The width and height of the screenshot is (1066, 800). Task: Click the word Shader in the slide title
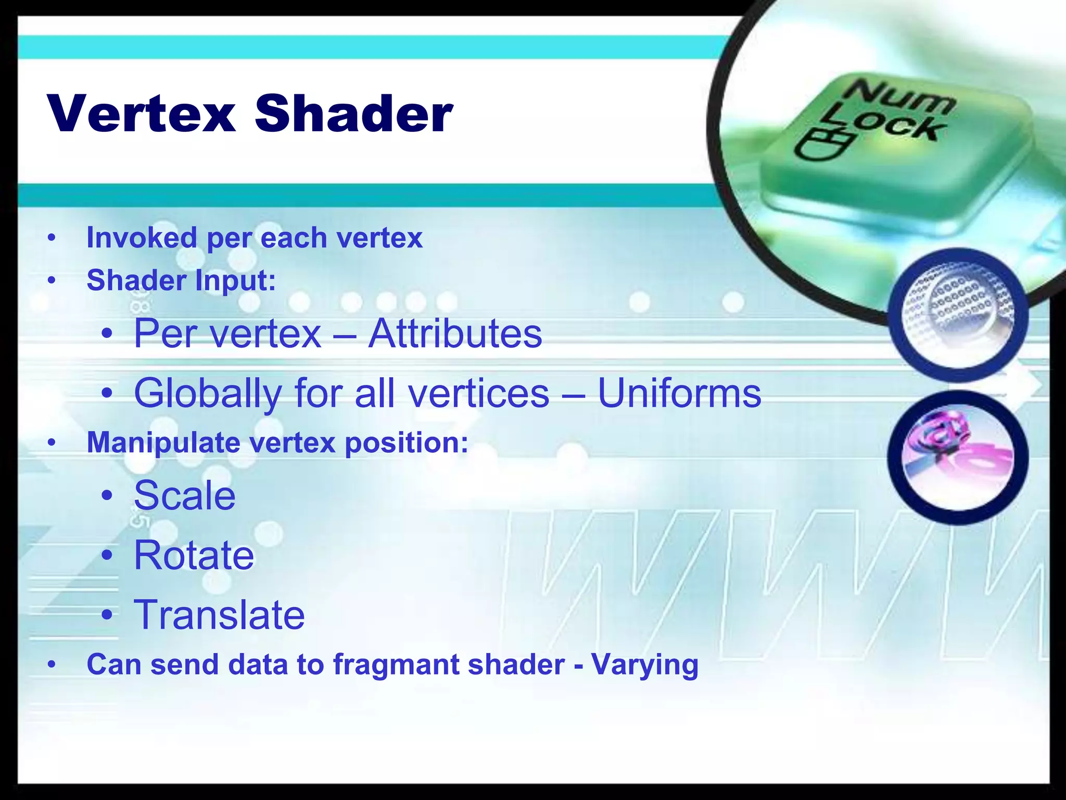[x=354, y=114]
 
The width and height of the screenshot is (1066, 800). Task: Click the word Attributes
[x=455, y=333]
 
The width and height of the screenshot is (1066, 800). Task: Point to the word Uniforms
[x=679, y=393]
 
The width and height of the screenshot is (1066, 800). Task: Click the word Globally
[x=208, y=394]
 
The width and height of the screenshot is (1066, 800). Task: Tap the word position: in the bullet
[x=407, y=443]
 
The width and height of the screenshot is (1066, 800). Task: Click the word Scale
[x=185, y=495]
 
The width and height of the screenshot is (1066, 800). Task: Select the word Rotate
[x=194, y=555]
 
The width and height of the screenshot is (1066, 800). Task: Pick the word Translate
[x=219, y=615]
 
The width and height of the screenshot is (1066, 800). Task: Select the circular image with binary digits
[x=958, y=315]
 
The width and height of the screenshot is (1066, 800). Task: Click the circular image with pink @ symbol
[x=958, y=457]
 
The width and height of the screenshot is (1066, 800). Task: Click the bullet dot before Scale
[x=107, y=495]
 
